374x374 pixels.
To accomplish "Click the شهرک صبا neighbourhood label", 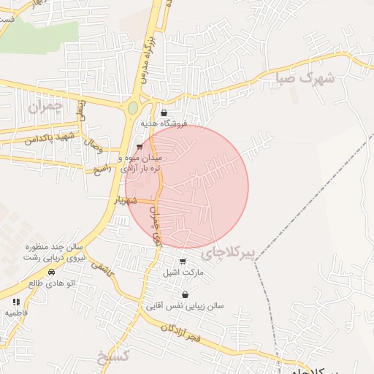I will coord(306,77).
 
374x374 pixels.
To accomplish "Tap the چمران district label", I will coord(47,107).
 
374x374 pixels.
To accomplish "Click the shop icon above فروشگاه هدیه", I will coord(163,113).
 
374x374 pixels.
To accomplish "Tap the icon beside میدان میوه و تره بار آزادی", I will coord(140,146).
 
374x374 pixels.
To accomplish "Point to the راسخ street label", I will coord(102,169).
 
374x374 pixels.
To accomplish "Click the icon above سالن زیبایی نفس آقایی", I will coord(186,295).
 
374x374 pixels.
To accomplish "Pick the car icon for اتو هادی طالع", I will coord(51,272).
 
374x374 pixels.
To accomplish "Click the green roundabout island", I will coord(133,108).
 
